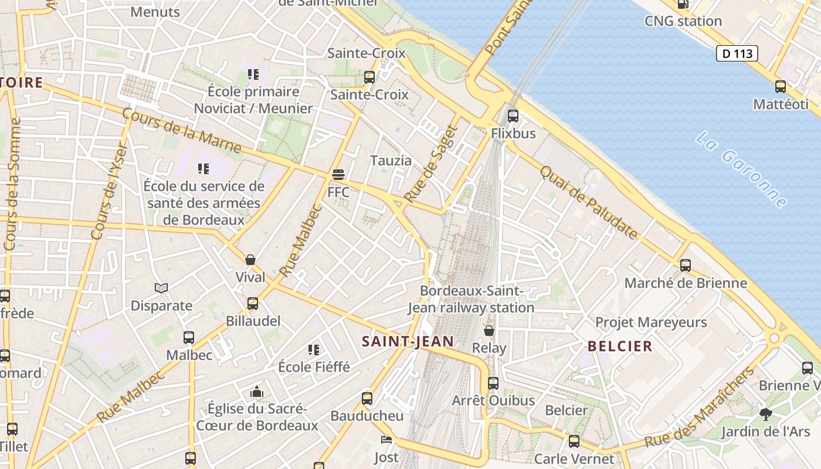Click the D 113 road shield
click(737, 53)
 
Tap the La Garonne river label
click(742, 170)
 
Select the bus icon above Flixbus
click(513, 115)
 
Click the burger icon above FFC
click(338, 175)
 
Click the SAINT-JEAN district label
click(408, 341)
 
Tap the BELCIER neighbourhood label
click(620, 346)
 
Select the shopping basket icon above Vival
click(250, 260)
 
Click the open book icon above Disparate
click(161, 288)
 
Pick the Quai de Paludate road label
click(588, 202)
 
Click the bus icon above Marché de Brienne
click(686, 265)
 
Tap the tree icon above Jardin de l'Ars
click(765, 414)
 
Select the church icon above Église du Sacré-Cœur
click(256, 391)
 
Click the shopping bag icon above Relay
click(488, 331)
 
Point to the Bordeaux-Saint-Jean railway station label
click(471, 299)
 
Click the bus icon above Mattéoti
click(781, 87)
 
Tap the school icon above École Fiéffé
click(314, 350)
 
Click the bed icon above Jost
click(386, 440)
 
